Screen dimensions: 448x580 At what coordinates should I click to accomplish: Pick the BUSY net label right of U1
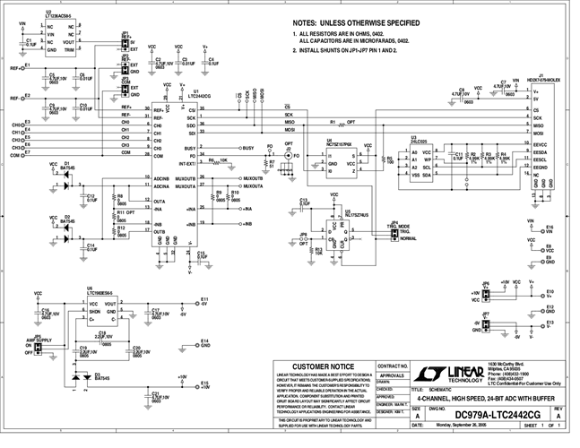(x=248, y=147)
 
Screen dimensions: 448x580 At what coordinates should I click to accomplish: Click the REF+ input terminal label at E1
(x=16, y=67)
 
